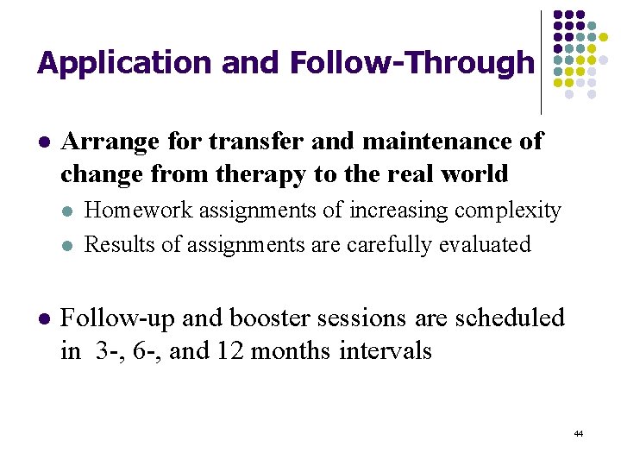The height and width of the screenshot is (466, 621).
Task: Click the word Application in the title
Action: pyautogui.click(x=125, y=63)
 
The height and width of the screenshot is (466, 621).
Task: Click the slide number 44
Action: pyautogui.click(x=578, y=433)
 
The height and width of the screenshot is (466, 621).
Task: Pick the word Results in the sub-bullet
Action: pyautogui.click(x=119, y=245)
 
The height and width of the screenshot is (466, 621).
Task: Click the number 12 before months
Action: pyautogui.click(x=229, y=352)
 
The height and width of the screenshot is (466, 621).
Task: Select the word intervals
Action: pyautogui.click(x=386, y=352)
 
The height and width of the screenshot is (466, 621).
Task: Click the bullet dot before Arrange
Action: pyautogui.click(x=43, y=142)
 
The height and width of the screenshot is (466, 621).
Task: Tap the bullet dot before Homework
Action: pyautogui.click(x=69, y=211)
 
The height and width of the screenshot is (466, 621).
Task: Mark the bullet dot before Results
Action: pyautogui.click(x=69, y=246)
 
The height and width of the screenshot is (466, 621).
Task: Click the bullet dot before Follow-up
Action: pyautogui.click(x=43, y=319)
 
